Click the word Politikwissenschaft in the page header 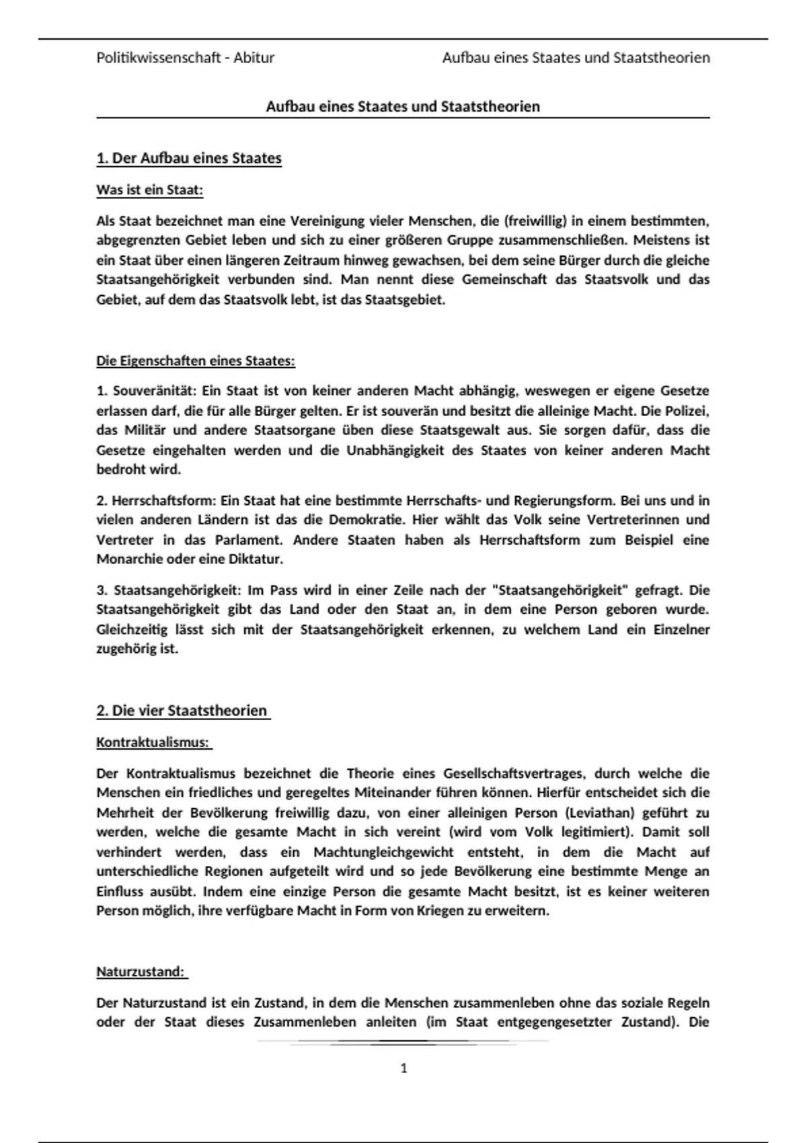click(x=159, y=58)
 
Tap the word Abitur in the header click(x=254, y=58)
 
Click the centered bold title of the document click(x=403, y=106)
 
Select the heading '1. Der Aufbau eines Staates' click(x=189, y=159)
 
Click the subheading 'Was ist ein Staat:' click(x=149, y=190)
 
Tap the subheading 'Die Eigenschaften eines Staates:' click(x=196, y=361)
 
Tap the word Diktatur click(x=256, y=559)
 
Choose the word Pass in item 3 click(x=284, y=590)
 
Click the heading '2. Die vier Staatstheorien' click(x=182, y=711)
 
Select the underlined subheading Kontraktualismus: click(x=153, y=743)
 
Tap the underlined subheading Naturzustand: click(x=141, y=972)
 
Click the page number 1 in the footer click(x=403, y=1068)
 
